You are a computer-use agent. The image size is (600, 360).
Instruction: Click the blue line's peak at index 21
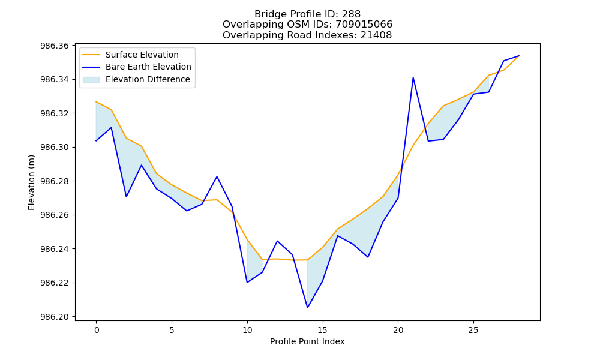click(413, 77)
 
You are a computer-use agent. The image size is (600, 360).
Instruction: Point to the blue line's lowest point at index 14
click(307, 308)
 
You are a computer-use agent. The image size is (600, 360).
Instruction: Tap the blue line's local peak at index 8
click(217, 176)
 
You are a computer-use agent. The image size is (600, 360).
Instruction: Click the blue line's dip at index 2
click(126, 197)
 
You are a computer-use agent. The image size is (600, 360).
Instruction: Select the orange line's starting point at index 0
click(96, 102)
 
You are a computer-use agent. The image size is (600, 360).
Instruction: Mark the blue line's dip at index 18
click(368, 257)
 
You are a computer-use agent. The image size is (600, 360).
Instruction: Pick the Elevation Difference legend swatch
click(91, 79)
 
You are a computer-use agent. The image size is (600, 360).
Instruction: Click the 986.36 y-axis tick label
click(55, 46)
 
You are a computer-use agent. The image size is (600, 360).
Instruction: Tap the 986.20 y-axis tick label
click(55, 317)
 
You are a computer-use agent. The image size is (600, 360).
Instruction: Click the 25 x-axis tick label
click(473, 330)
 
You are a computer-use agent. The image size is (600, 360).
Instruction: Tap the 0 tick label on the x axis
click(96, 330)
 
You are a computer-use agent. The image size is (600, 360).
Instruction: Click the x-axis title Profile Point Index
click(307, 341)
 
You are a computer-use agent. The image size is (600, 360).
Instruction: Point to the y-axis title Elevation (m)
click(31, 182)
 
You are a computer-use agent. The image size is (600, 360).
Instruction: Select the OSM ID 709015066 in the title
click(364, 25)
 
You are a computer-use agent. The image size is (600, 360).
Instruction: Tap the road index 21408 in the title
click(376, 35)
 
